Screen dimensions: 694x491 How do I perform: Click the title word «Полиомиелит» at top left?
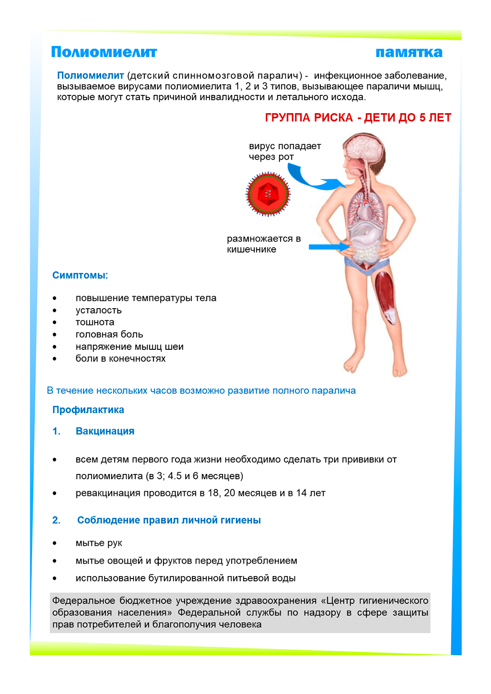(104, 52)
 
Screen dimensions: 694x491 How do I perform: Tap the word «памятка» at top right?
(409, 52)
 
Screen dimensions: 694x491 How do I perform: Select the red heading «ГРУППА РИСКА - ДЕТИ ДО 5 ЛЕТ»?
(358, 118)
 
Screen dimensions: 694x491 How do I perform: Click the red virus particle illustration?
(268, 194)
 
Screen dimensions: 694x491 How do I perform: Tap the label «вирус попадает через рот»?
(284, 151)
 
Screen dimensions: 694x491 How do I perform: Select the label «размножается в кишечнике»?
(263, 244)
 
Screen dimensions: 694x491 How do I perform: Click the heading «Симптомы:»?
(80, 276)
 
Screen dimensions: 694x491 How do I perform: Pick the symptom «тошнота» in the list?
(95, 322)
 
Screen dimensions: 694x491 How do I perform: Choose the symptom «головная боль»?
(109, 335)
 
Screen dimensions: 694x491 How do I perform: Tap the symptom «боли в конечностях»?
(120, 359)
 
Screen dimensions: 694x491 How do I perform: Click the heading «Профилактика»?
(88, 410)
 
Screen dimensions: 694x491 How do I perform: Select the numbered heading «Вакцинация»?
(105, 431)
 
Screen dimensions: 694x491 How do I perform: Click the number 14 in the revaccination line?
(301, 493)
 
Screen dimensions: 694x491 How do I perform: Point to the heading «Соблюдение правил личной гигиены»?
(169, 520)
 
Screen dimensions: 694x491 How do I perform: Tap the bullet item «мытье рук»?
(99, 543)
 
